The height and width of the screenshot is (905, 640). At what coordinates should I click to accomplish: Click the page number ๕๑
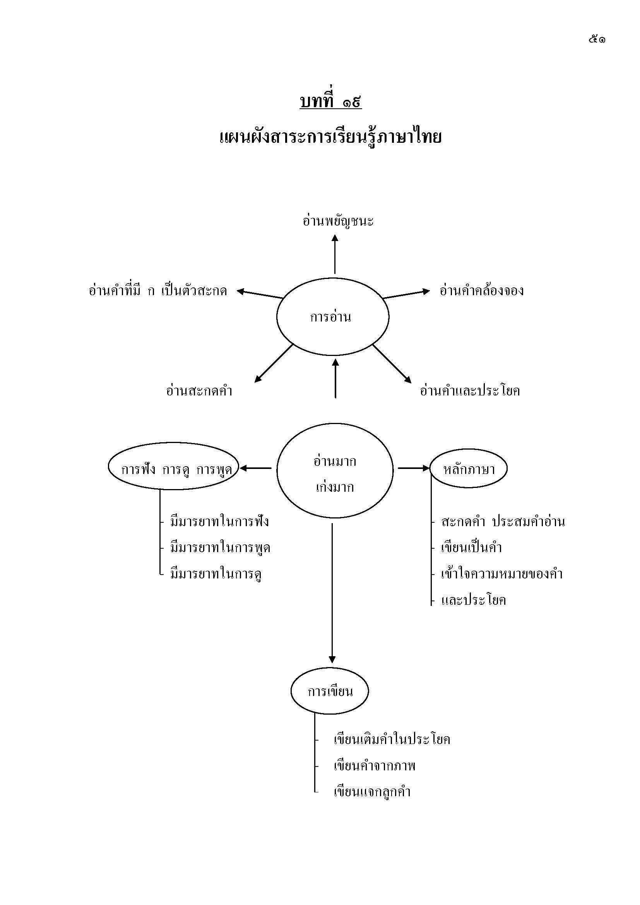(x=597, y=39)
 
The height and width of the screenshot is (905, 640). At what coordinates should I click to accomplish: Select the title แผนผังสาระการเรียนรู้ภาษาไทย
(x=330, y=137)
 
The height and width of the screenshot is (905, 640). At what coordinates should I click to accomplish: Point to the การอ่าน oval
(x=332, y=317)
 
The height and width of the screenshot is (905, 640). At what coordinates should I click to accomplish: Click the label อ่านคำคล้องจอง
(x=481, y=291)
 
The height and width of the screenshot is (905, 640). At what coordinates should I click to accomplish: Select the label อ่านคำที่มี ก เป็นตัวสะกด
(x=158, y=291)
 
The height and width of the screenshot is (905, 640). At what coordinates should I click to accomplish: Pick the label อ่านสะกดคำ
(x=199, y=391)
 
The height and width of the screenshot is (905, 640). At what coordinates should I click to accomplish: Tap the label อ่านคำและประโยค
(x=470, y=391)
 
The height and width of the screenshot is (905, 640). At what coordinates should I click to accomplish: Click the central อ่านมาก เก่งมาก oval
(x=335, y=474)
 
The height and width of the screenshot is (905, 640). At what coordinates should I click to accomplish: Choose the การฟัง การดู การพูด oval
(x=174, y=469)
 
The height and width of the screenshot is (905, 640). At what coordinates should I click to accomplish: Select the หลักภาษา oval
(x=469, y=469)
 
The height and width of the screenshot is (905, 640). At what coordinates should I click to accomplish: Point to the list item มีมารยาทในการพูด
(x=220, y=547)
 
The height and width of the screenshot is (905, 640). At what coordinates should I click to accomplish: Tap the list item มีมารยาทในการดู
(x=216, y=574)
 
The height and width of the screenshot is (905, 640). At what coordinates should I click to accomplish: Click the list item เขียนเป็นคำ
(x=471, y=547)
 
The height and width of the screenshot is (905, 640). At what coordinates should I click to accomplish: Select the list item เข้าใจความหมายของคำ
(x=501, y=573)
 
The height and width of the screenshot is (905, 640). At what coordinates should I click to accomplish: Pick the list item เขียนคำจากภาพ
(x=375, y=765)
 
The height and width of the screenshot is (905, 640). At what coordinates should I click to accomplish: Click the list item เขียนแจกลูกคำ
(x=372, y=792)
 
